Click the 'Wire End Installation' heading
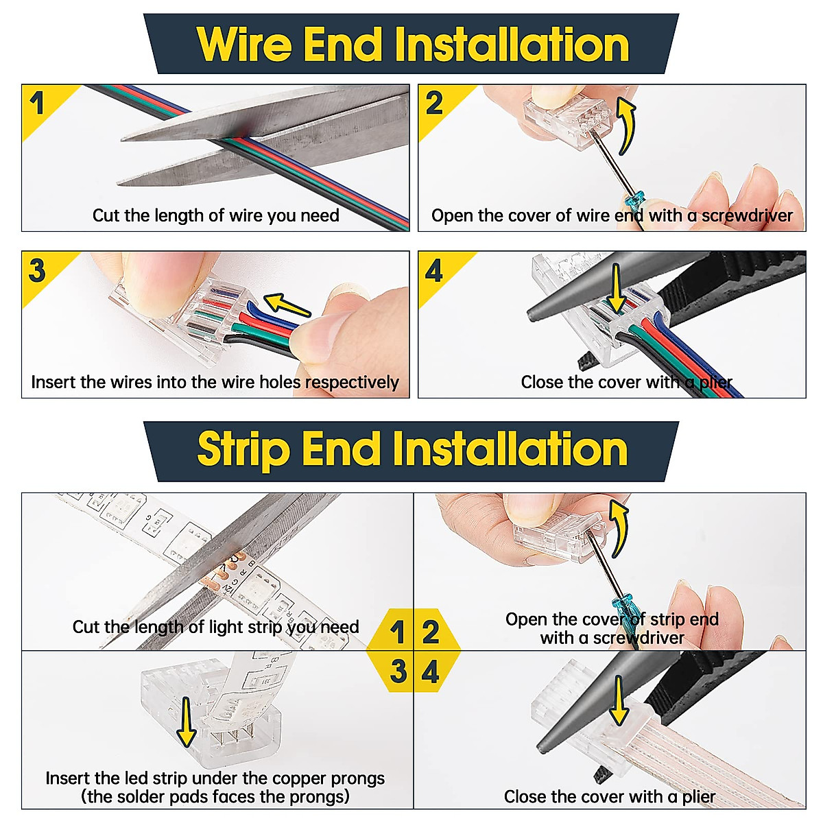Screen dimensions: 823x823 412,45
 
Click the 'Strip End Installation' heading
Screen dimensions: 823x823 412,449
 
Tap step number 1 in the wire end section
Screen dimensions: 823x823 37,104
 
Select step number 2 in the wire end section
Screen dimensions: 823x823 434,104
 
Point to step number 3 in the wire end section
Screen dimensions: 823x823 37,270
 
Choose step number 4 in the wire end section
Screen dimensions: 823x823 434,272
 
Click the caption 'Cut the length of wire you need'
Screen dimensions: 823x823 216,215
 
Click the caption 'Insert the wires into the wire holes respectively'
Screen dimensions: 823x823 215,382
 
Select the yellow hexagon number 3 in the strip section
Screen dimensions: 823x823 398,671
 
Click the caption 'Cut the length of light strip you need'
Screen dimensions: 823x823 215,627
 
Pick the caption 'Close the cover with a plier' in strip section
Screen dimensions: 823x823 609,796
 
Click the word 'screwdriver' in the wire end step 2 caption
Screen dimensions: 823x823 747,215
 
